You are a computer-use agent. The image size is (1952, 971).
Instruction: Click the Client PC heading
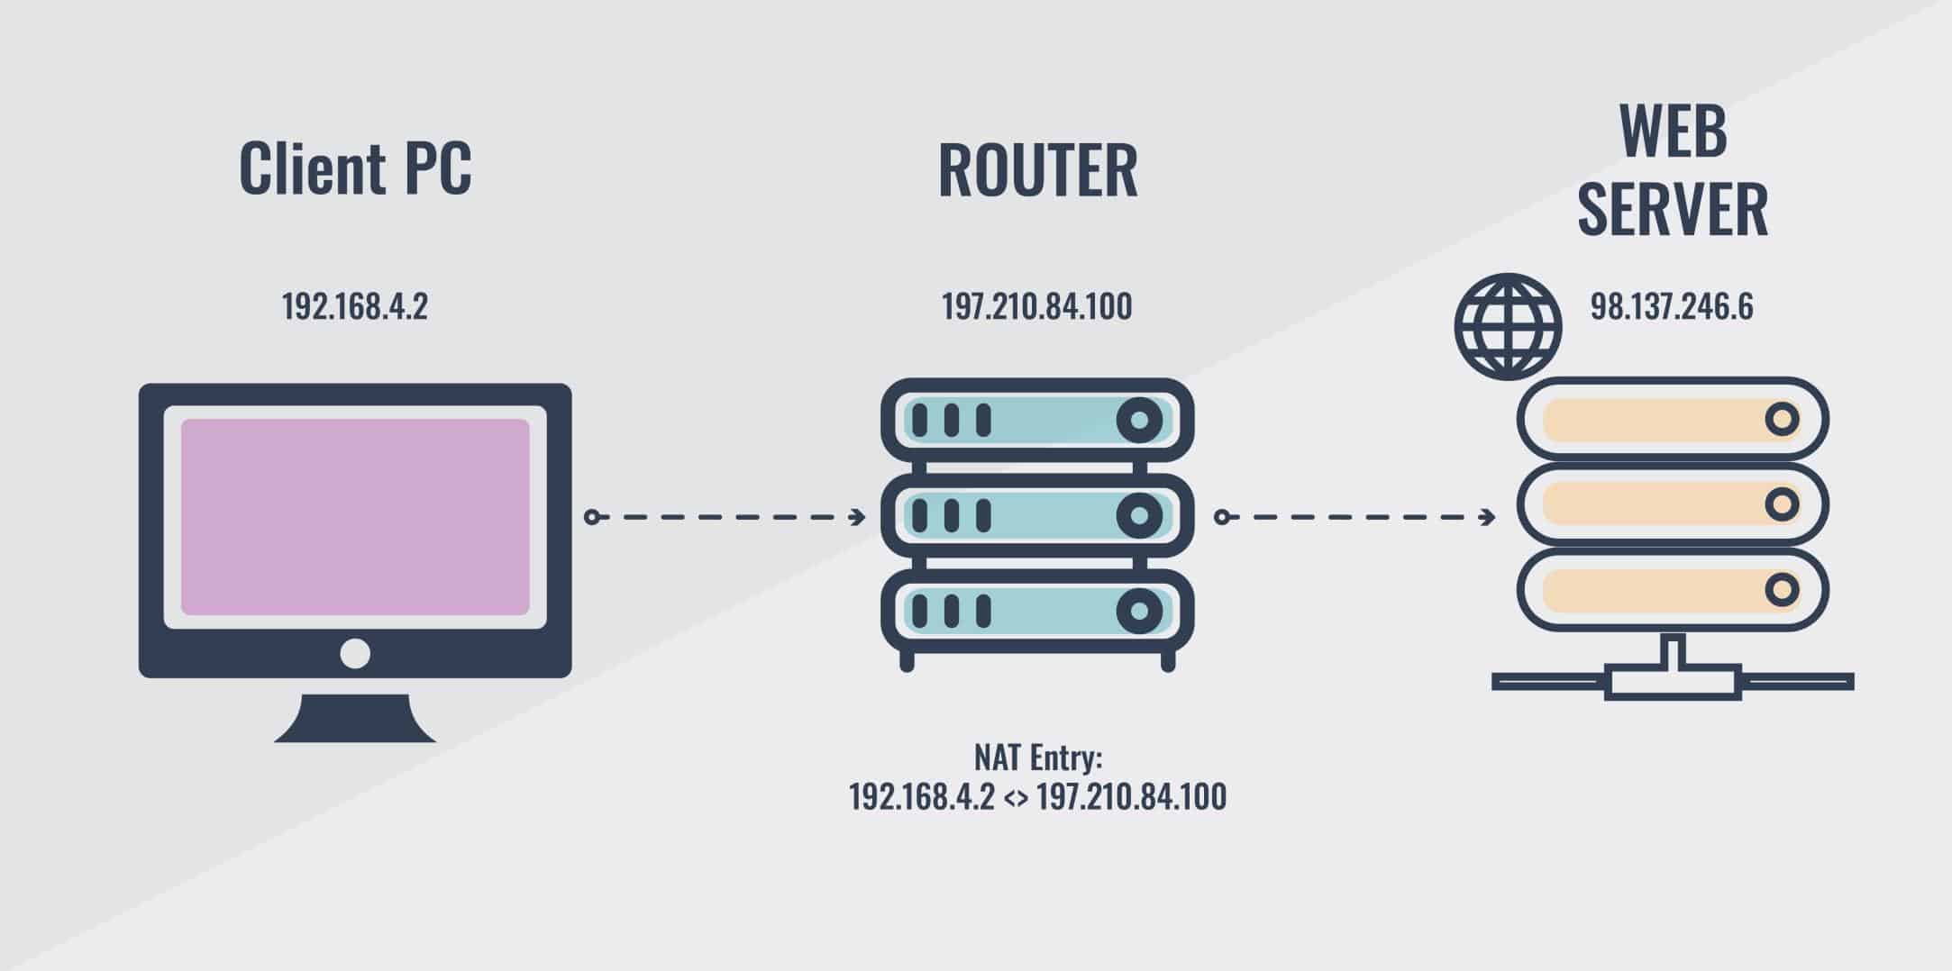[355, 168]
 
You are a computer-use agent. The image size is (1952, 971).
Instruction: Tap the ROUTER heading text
[1037, 170]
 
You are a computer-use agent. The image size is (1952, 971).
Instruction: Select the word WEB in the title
[1673, 132]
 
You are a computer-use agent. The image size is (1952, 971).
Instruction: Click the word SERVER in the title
[1673, 209]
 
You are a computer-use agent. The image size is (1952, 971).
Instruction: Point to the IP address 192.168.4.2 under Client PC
[354, 307]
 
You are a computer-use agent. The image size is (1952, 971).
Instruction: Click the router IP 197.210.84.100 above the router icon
[1036, 307]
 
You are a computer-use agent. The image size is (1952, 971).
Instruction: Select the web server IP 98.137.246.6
[1671, 307]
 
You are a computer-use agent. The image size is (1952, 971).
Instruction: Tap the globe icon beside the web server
[1508, 326]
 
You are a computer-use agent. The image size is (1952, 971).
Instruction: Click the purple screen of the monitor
[355, 517]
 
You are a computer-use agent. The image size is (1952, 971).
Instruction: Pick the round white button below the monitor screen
[355, 653]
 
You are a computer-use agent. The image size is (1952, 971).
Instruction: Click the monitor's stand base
[355, 721]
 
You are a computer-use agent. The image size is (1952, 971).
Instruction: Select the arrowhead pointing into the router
[858, 517]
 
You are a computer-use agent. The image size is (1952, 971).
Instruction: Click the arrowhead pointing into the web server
[1488, 517]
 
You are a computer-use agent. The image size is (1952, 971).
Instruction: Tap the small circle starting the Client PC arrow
[591, 517]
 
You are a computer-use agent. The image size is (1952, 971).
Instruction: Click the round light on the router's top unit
[1139, 420]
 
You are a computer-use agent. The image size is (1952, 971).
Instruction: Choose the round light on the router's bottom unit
[1139, 612]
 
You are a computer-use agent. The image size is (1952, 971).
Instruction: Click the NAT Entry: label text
[1037, 758]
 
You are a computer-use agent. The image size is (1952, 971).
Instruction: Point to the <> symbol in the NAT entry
[1015, 798]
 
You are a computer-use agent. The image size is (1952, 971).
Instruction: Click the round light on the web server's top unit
[1781, 420]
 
